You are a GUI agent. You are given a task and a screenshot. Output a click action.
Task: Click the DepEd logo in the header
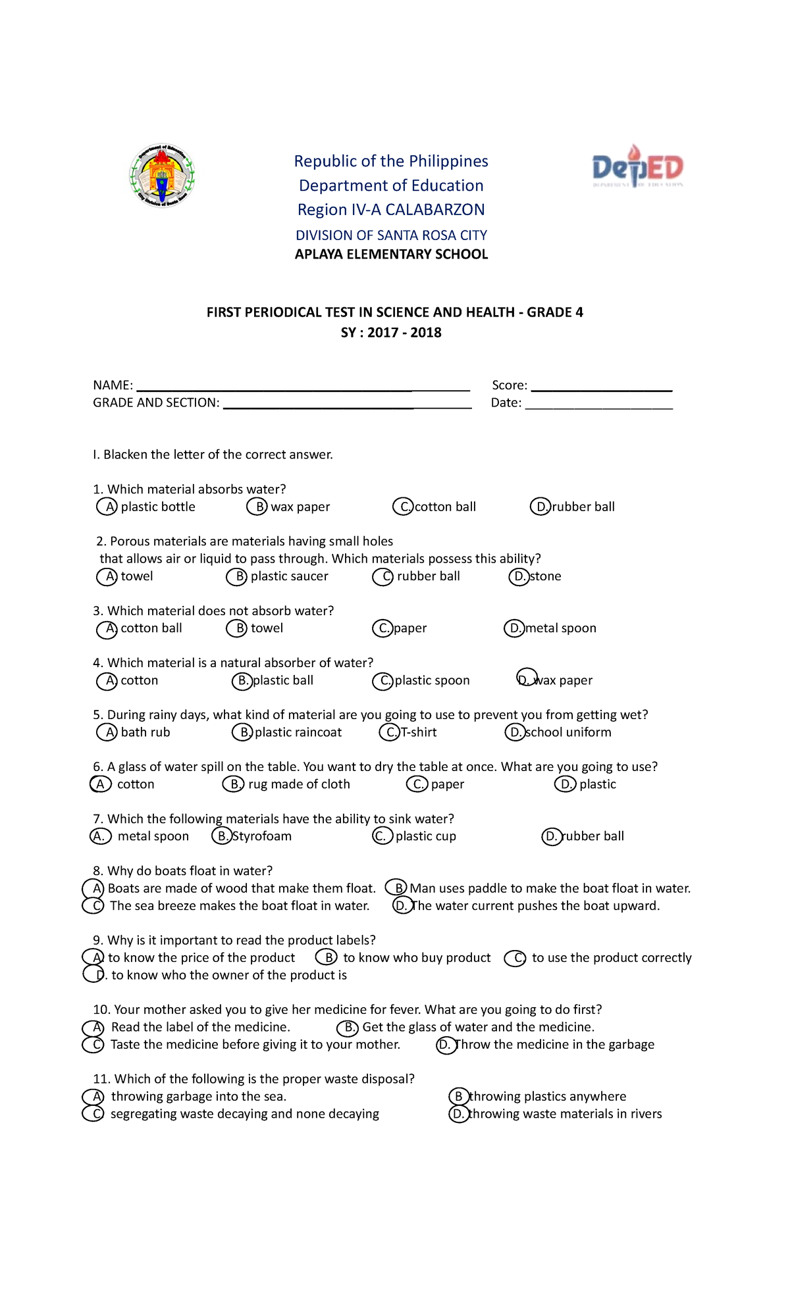637,167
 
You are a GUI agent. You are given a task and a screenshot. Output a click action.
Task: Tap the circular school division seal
162,176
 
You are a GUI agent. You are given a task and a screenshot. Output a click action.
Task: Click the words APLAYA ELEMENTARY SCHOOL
391,255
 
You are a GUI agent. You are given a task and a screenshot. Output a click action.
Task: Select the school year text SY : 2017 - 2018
391,333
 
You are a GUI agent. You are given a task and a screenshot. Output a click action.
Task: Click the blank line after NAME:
303,387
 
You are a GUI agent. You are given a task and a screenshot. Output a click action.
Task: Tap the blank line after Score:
601,387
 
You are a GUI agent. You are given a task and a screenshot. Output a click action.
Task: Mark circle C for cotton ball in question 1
403,507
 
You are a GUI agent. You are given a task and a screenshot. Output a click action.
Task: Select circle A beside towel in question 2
107,577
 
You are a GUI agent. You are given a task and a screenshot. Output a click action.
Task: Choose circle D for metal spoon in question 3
514,629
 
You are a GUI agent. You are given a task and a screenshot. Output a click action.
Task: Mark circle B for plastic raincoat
242,732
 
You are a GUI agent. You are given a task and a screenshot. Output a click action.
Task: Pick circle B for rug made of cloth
233,784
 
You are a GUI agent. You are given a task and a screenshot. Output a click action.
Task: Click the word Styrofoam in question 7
262,836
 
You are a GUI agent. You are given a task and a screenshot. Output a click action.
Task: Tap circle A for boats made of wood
93,889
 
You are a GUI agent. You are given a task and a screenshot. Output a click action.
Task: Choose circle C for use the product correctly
515,959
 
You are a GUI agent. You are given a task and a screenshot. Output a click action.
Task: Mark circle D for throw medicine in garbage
446,1045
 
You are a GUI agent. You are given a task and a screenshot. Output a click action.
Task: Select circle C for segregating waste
93,1114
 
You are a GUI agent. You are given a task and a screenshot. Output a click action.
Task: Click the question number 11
101,1079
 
